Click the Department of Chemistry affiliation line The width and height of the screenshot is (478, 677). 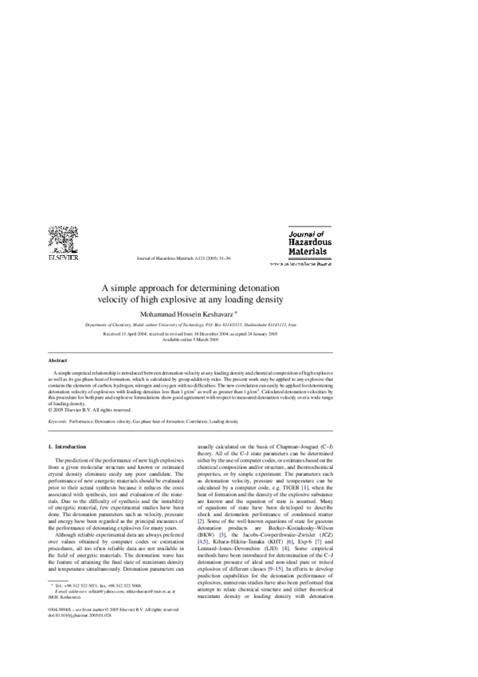click(190, 326)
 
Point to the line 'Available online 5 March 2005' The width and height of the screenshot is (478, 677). click(190, 339)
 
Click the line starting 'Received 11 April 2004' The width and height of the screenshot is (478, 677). click(190, 333)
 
